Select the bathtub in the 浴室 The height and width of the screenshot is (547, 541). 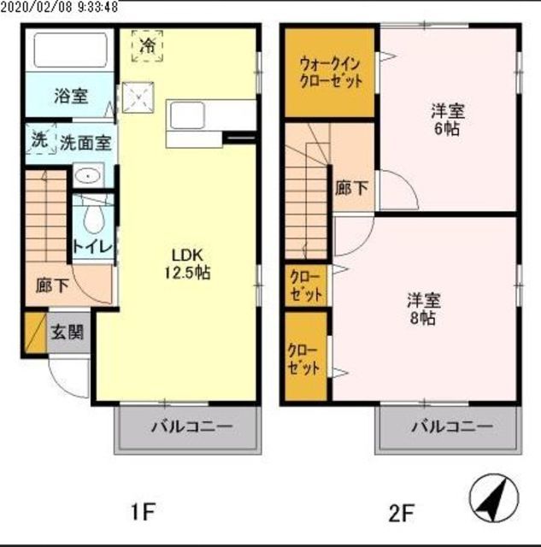[69, 52]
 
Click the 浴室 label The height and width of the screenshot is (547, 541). [69, 96]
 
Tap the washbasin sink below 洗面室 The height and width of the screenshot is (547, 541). [86, 176]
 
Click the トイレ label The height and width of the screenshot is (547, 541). [90, 247]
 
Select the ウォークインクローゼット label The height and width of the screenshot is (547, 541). [330, 73]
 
